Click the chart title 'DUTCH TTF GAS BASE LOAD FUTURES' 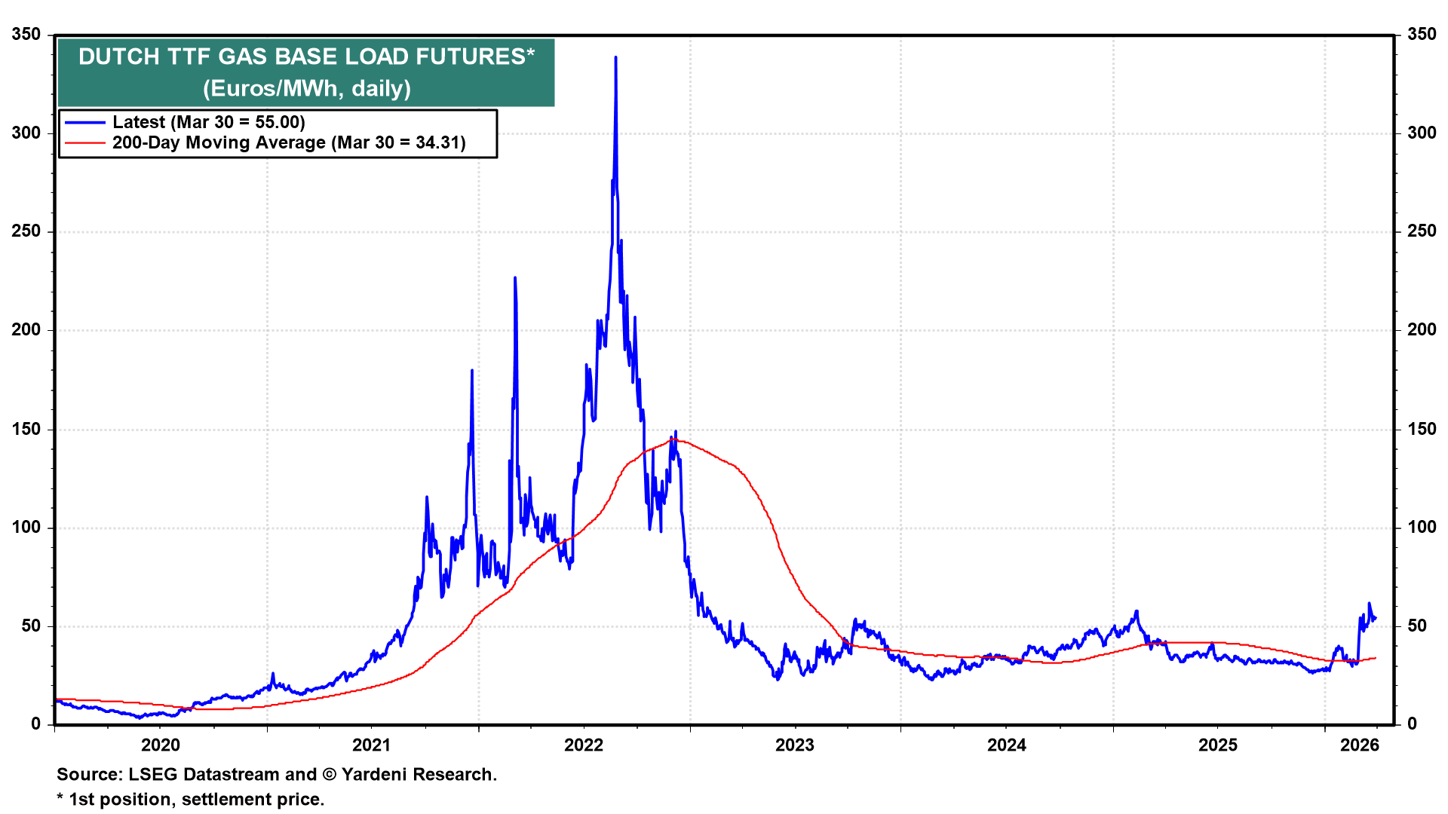[306, 57]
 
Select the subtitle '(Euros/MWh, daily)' [306, 89]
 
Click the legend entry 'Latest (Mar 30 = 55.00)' [208, 122]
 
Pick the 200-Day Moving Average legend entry [289, 142]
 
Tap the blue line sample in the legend [84, 122]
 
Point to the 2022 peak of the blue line [615, 57]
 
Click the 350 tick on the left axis [26, 35]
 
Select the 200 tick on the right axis [1422, 330]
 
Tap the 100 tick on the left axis [26, 528]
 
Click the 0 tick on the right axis [1413, 724]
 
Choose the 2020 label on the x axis [161, 745]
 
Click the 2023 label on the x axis [795, 745]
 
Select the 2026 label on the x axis [1359, 745]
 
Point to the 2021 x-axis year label [372, 745]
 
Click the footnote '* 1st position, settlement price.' [190, 800]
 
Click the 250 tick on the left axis [26, 231]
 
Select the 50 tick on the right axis [1417, 626]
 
